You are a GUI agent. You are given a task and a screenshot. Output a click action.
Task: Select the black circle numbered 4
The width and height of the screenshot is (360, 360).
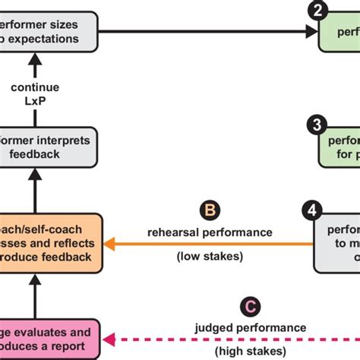pos(312,209)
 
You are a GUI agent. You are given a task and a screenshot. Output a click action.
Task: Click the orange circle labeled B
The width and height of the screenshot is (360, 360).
pos(208,210)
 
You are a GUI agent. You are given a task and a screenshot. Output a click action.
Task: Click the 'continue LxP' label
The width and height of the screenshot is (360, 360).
pos(35,93)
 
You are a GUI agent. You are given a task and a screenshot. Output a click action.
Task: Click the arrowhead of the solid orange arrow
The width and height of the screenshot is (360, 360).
pos(109,244)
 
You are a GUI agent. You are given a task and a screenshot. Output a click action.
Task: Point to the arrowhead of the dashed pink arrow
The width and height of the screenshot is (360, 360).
pos(110,339)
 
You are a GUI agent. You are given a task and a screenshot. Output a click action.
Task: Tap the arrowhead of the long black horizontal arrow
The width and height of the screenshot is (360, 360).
pos(312,31)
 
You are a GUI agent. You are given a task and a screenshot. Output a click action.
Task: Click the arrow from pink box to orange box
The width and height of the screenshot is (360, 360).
pos(34,296)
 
